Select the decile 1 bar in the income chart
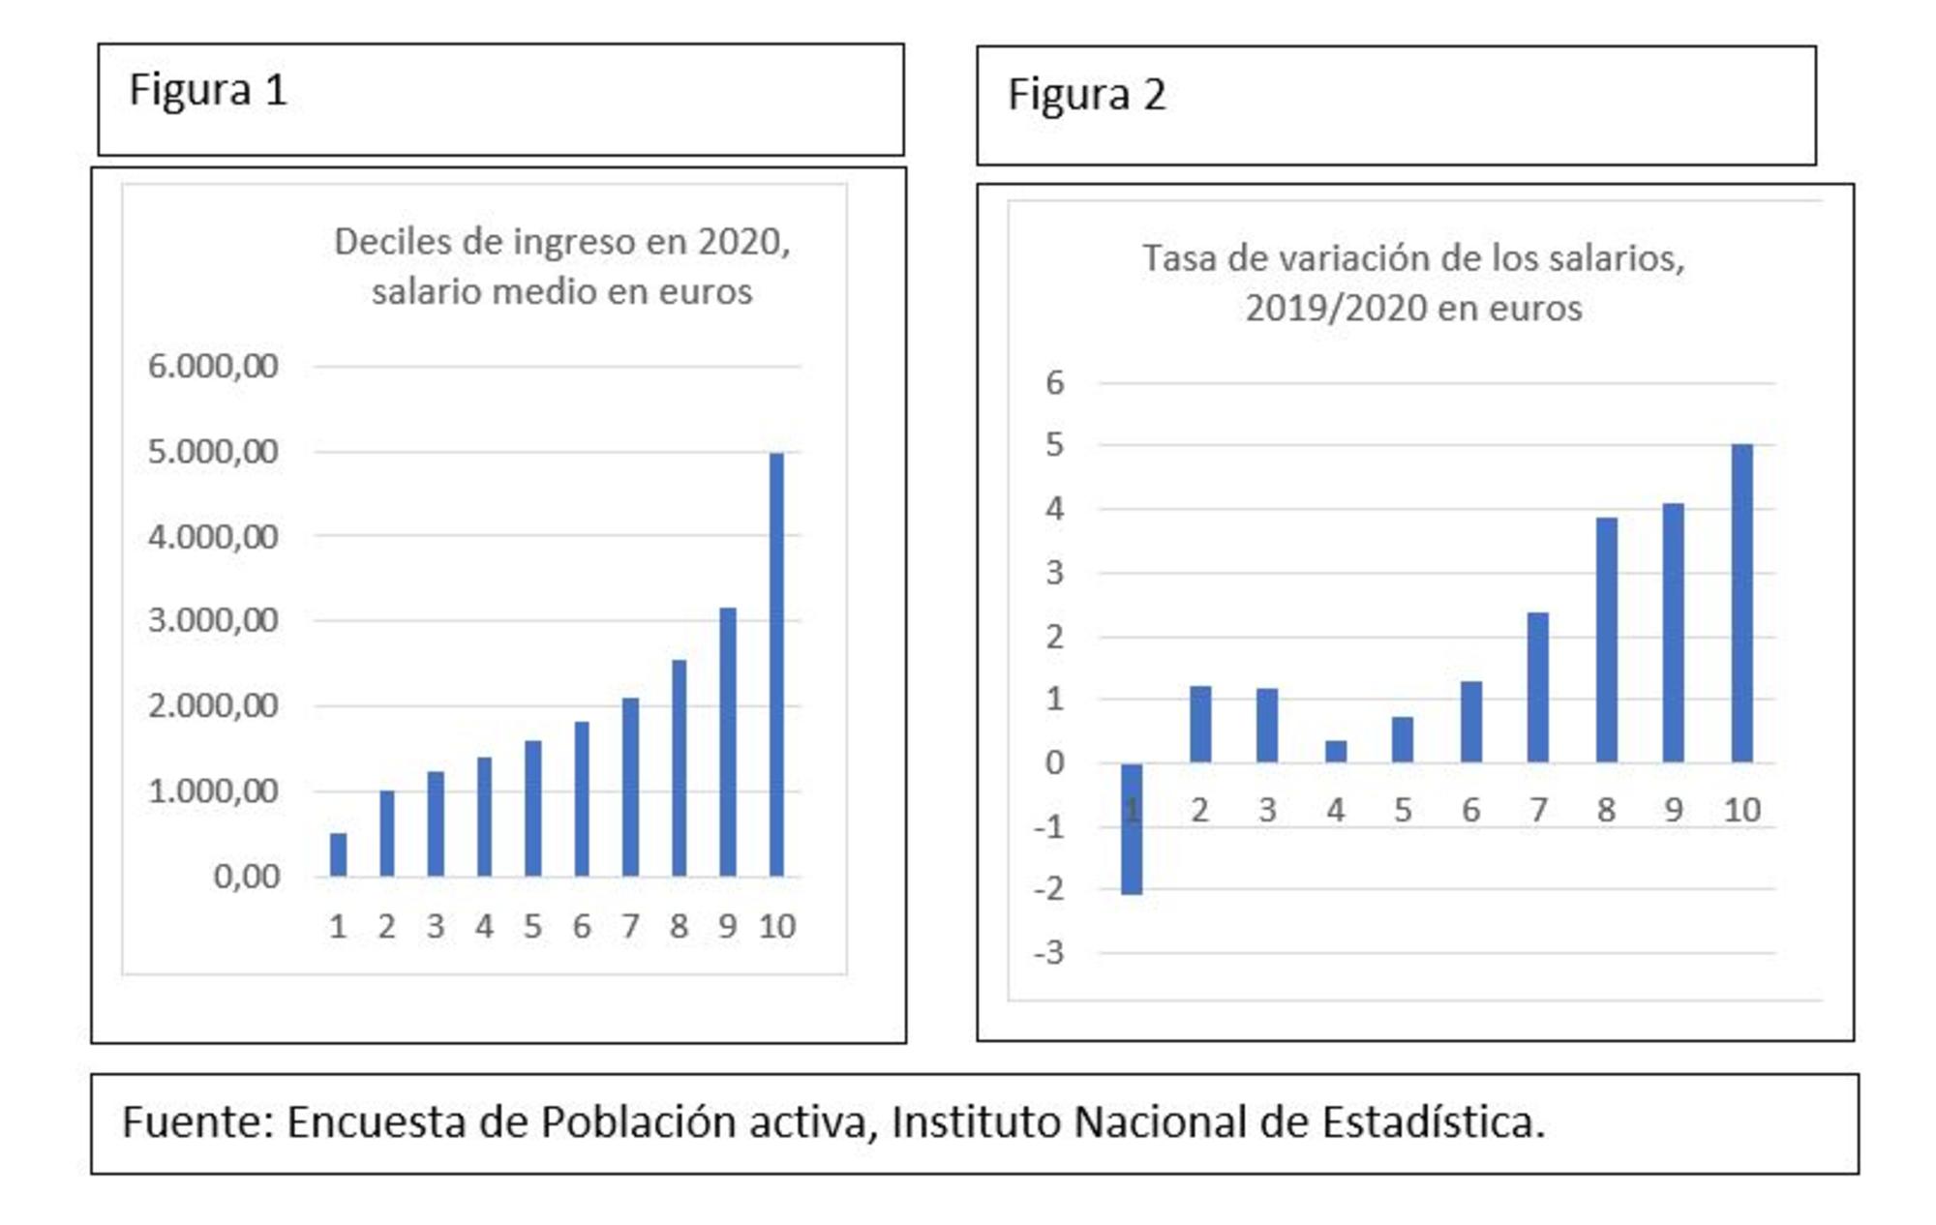click(x=338, y=854)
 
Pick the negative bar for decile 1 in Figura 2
click(x=1132, y=828)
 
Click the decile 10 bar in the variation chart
click(x=1741, y=603)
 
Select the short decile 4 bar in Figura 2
click(x=1336, y=751)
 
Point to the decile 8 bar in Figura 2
click(x=1606, y=640)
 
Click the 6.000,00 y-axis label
click(x=213, y=366)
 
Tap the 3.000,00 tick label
click(x=213, y=620)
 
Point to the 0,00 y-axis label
click(x=246, y=877)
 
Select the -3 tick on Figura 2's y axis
click(x=1048, y=953)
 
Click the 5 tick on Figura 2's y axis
click(x=1054, y=445)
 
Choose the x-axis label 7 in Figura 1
click(x=630, y=926)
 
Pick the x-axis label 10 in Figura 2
click(x=1741, y=810)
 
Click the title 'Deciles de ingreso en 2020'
click(x=561, y=242)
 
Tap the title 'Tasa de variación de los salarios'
click(x=1413, y=258)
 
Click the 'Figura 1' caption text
click(x=208, y=90)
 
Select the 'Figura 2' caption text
click(x=1086, y=95)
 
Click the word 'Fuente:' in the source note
click(x=198, y=1122)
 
